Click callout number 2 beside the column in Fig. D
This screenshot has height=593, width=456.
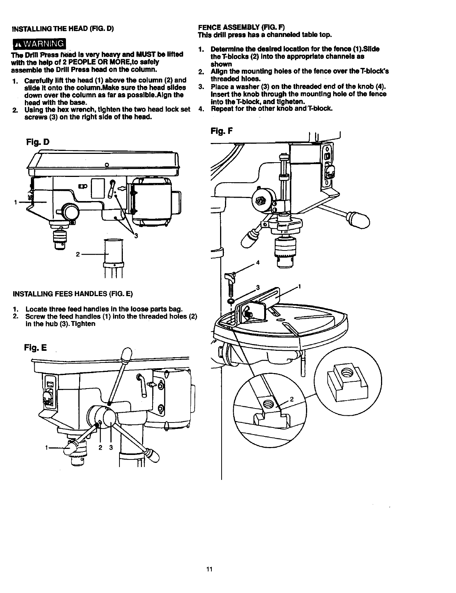coord(77,254)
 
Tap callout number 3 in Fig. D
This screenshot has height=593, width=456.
coord(136,236)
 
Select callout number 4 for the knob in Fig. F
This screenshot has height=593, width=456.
coord(258,263)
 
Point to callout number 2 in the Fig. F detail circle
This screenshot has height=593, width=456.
coord(291,399)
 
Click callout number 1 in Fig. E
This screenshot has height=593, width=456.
coord(46,448)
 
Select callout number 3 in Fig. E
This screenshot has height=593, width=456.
coord(111,448)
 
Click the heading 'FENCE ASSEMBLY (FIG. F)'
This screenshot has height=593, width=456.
coord(242,28)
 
